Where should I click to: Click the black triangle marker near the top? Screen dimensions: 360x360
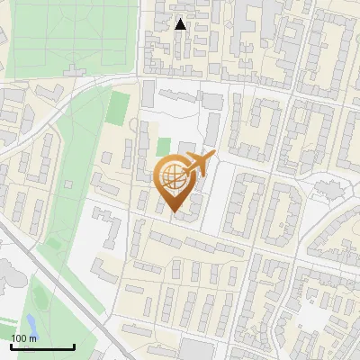pos(181,24)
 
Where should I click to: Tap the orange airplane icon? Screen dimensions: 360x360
pos(200,164)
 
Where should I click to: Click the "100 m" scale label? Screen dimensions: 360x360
pos(24,337)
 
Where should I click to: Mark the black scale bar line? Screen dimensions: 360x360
pos(42,346)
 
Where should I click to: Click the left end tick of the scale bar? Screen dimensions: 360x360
pos(11,345)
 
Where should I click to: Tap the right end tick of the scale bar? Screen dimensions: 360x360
pos(74,345)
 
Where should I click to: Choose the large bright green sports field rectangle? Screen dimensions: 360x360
pos(119,109)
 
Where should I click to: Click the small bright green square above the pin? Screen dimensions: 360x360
pos(163,147)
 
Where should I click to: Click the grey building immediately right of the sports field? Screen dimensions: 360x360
pos(148,93)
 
